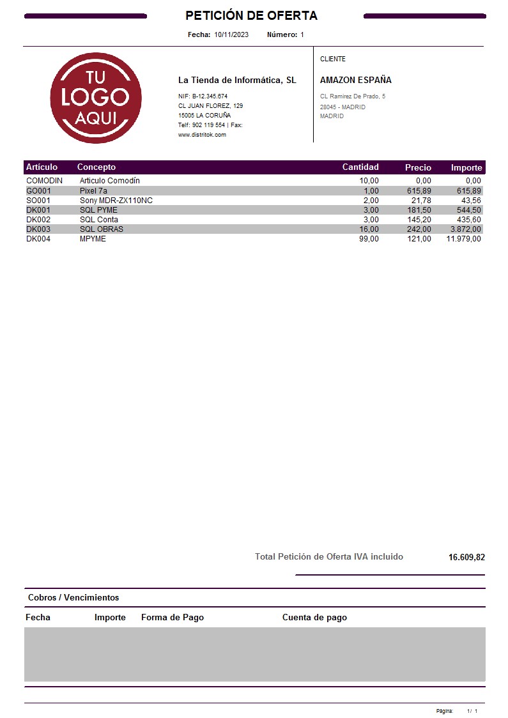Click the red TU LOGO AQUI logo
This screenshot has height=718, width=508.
pyautogui.click(x=96, y=98)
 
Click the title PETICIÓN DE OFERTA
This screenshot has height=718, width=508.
pyautogui.click(x=251, y=15)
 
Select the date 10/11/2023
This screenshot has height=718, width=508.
pyautogui.click(x=231, y=34)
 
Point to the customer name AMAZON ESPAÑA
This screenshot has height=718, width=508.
pyautogui.click(x=355, y=80)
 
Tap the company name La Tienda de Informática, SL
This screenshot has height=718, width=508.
pyautogui.click(x=237, y=80)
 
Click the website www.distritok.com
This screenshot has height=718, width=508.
pyautogui.click(x=202, y=135)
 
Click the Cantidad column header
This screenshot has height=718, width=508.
pyautogui.click(x=360, y=167)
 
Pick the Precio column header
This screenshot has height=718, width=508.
pyautogui.click(x=418, y=167)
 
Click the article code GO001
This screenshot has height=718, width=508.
pyautogui.click(x=38, y=191)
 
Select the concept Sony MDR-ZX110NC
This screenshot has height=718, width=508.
pyautogui.click(x=116, y=201)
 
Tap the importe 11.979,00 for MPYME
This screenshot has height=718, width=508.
pyautogui.click(x=463, y=239)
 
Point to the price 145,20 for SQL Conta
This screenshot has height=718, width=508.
pyautogui.click(x=419, y=220)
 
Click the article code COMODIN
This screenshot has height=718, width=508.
pyautogui.click(x=44, y=181)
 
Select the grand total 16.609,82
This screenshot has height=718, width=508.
pyautogui.click(x=466, y=557)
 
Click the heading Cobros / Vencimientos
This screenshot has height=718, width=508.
pyautogui.click(x=73, y=598)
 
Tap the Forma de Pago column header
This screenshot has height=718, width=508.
pyautogui.click(x=173, y=618)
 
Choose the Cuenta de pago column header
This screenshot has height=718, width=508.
pyautogui.click(x=314, y=618)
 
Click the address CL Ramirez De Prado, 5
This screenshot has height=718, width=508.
pyautogui.click(x=353, y=96)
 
